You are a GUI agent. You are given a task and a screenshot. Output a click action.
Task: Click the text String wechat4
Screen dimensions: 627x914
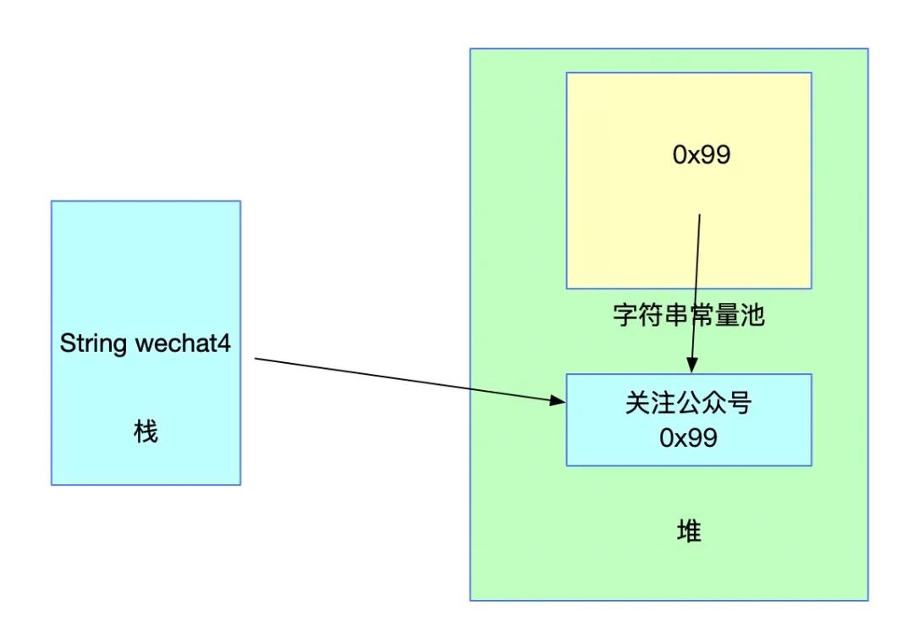tap(146, 344)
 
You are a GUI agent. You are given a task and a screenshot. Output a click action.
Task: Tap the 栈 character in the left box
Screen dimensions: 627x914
tap(146, 432)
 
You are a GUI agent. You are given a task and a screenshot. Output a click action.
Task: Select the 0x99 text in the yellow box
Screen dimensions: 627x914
tap(702, 155)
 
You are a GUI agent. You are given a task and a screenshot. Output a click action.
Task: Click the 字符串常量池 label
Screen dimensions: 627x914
tap(688, 316)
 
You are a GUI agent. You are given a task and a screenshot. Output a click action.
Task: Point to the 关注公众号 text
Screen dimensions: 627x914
tap(688, 404)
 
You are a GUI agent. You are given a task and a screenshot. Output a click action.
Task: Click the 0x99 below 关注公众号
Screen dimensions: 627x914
tap(688, 437)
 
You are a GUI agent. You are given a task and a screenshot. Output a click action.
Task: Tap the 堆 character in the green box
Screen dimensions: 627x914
tap(689, 531)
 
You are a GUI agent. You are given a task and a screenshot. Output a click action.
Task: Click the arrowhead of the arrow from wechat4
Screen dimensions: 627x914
tap(558, 400)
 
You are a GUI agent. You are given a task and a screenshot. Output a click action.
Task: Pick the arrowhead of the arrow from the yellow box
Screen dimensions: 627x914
tap(692, 366)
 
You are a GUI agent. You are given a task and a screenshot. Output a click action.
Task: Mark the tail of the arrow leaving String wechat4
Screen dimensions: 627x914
tap(256, 359)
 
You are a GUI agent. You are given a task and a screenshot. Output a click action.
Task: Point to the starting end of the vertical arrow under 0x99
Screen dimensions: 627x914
tap(700, 215)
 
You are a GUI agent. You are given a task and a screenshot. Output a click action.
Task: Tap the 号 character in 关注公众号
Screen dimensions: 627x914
tap(740, 404)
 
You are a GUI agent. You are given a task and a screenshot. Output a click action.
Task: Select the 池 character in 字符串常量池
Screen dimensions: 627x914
tap(752, 316)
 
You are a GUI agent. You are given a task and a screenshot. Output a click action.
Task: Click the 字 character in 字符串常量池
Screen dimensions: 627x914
tap(625, 316)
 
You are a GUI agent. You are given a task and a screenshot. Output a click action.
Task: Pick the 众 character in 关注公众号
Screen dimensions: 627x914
tap(713, 404)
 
